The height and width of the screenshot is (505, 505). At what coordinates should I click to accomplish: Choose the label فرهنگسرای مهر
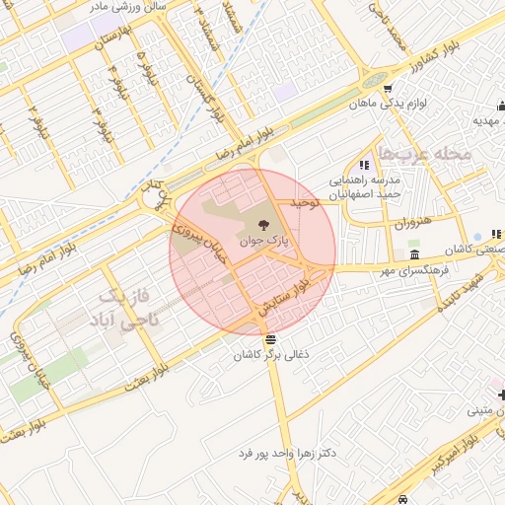pos(414,267)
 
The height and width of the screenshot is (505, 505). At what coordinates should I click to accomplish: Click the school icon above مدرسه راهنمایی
pos(364,165)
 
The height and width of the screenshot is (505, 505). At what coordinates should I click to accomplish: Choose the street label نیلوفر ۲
pos(36,124)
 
